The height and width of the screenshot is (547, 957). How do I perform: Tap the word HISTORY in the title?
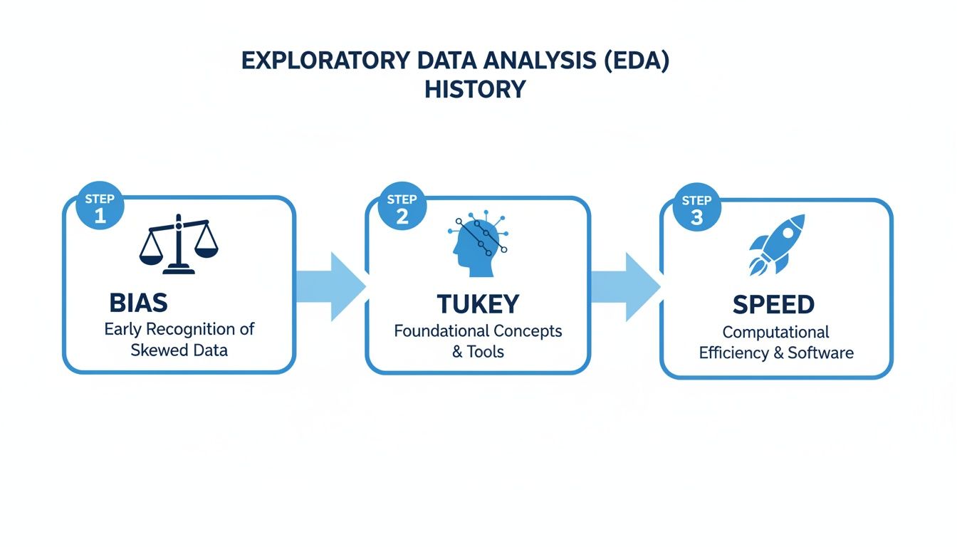point(475,90)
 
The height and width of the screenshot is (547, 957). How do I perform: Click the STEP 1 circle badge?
point(100,207)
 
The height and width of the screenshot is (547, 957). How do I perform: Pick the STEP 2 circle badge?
point(402,207)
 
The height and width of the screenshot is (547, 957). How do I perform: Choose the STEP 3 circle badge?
point(696,209)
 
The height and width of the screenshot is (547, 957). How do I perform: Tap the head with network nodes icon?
point(477,244)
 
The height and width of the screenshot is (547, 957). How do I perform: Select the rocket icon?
point(777,244)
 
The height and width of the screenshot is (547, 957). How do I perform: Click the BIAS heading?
point(138,303)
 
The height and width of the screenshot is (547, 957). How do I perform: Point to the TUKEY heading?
point(478,304)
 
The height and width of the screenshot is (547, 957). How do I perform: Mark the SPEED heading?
point(773,305)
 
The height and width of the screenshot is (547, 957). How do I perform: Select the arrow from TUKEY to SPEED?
point(624,286)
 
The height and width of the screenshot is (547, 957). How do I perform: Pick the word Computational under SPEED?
point(775,333)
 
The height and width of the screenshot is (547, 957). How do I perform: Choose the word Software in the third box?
point(821,353)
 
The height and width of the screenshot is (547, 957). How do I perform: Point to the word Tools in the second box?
point(486,352)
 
